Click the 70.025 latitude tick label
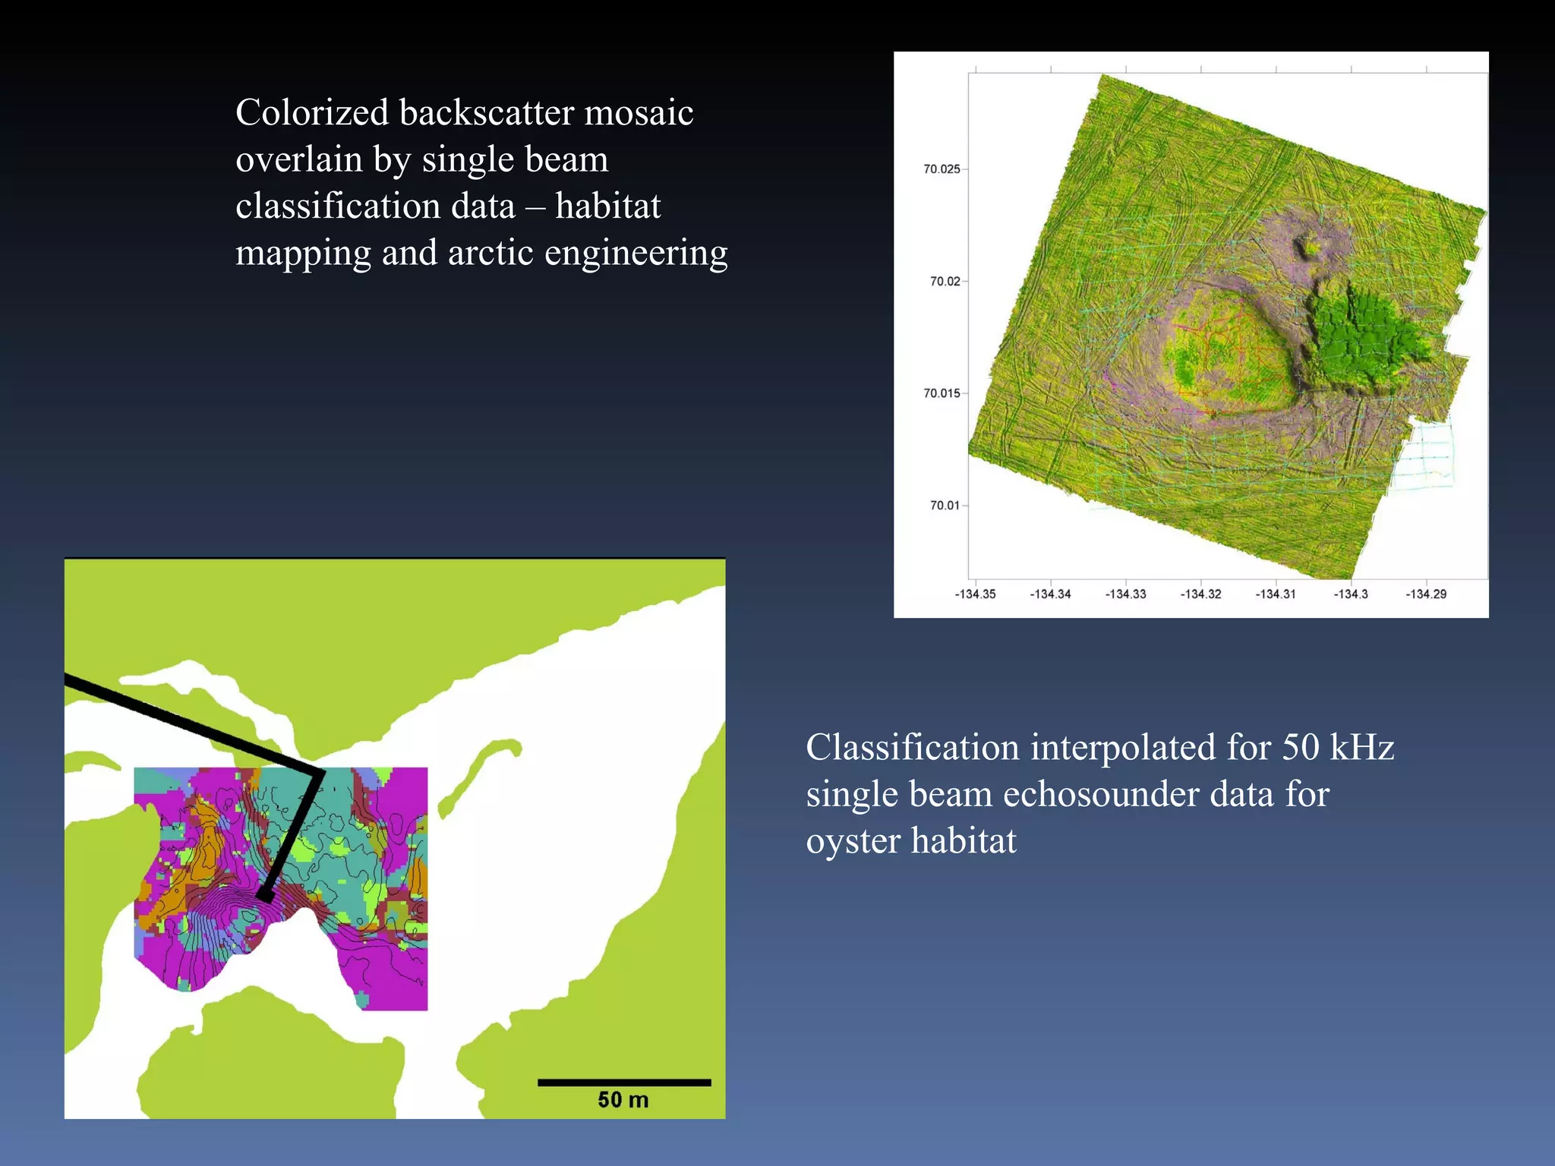(942, 169)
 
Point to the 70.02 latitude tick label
(945, 282)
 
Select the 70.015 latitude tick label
(942, 393)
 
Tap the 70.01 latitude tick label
(945, 506)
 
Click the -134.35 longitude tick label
(975, 594)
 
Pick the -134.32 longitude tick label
(1200, 594)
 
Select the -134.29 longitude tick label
(1426, 594)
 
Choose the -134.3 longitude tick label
(1351, 594)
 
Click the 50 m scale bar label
(623, 1100)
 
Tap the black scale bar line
(624, 1082)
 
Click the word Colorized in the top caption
(312, 113)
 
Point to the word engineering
(636, 254)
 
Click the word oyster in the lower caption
(853, 842)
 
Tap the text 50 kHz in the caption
(1338, 748)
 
